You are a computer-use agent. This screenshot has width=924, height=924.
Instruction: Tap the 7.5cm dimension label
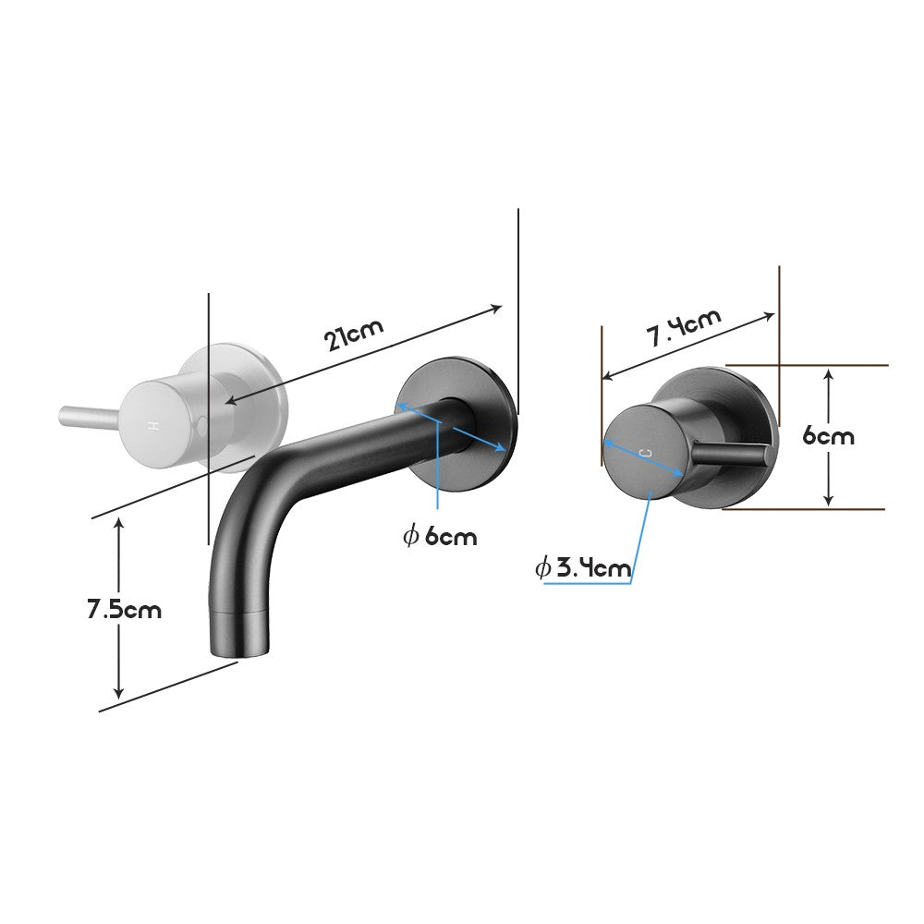pos(124,610)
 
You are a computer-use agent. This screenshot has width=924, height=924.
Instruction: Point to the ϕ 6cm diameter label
pos(441,535)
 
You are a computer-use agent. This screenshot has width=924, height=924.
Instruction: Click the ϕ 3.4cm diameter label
pos(583,567)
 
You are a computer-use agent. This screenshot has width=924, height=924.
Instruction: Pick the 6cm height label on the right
pos(828,435)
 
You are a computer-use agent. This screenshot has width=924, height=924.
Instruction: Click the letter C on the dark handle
pos(644,451)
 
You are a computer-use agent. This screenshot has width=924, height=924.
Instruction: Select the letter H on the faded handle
pos(154,426)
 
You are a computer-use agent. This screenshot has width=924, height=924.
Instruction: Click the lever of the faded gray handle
pos(88,416)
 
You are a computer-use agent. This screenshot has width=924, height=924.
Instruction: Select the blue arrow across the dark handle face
pos(643,458)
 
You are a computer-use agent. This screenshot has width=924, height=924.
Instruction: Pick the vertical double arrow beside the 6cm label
pos(830,436)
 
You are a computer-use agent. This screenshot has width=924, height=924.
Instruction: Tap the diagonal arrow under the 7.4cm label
pos(688,346)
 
